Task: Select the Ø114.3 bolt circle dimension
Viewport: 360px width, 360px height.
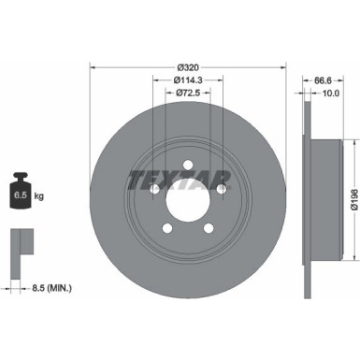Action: (188, 81)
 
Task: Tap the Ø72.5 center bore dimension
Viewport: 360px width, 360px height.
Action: (188, 94)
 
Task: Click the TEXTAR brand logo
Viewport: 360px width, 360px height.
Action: (187, 177)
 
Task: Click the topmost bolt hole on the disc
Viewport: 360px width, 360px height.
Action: (187, 165)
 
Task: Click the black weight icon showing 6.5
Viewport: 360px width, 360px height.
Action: (20, 194)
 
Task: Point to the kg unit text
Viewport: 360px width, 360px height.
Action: (41, 195)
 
